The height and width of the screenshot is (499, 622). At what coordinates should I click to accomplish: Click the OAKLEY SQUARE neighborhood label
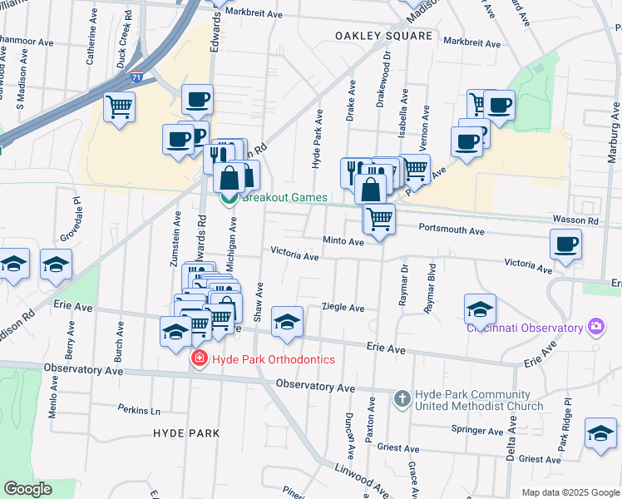pos(384,36)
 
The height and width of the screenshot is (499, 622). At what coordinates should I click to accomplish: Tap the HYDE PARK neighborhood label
pos(186,433)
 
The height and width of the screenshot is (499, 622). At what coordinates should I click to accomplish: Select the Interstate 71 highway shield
pos(136,77)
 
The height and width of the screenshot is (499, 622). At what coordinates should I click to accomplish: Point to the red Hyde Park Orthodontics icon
pos(199,359)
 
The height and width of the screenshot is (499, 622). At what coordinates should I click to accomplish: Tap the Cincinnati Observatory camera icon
pos(595,327)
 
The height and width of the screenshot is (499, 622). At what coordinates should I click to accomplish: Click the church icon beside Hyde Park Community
pos(402,399)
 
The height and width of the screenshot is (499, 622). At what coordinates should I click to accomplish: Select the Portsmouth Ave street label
pos(451,230)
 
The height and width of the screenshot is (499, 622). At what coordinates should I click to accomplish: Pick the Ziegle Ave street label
pos(343,308)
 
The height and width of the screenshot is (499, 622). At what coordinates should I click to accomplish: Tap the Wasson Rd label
pos(575,220)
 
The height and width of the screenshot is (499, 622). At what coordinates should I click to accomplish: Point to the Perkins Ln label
pos(138,410)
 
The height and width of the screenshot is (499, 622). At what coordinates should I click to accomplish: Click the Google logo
pos(27,489)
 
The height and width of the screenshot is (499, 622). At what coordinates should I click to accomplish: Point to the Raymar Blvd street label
pos(430,288)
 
